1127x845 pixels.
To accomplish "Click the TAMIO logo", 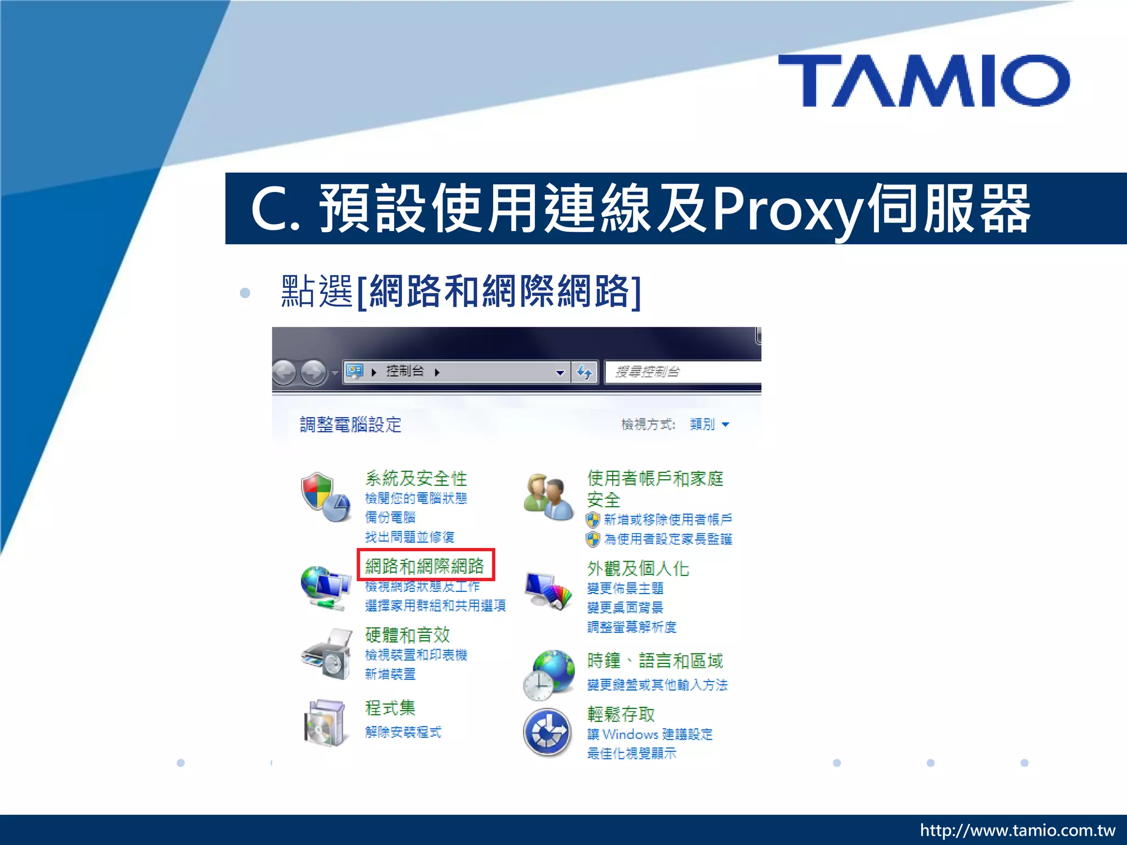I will [923, 80].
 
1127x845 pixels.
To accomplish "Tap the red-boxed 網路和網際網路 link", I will [425, 566].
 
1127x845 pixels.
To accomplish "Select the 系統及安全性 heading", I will [416, 479].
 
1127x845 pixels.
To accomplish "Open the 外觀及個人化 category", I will [638, 568].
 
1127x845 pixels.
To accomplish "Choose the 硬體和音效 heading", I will [407, 635].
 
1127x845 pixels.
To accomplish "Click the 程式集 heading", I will [390, 708].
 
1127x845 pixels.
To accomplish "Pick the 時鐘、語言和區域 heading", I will [655, 660].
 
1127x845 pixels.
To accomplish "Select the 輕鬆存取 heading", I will [621, 714].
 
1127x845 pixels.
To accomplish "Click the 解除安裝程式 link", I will [403, 732].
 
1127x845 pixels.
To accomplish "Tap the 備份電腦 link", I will [390, 517].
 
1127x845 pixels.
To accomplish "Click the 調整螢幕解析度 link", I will [632, 627].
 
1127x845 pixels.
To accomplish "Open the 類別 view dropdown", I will [709, 424].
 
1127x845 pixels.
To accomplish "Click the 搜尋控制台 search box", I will [682, 372].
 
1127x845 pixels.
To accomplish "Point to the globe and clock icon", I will [548, 675].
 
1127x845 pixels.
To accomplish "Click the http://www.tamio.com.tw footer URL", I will [1017, 830].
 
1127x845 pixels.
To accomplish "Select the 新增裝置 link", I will [390, 674].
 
